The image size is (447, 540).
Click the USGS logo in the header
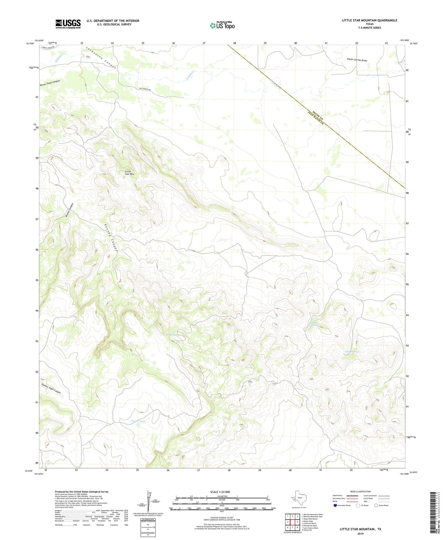(68, 24)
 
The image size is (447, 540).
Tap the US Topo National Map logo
(222, 25)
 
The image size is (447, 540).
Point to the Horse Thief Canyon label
(50, 83)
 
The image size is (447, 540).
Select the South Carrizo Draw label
(357, 60)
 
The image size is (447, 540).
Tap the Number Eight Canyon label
(51, 388)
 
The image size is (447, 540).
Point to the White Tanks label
(173, 335)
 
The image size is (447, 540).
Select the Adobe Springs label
(351, 352)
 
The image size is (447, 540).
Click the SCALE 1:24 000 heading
(220, 492)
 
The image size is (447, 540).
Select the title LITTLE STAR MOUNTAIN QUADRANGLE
(369, 20)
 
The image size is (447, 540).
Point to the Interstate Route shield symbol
(336, 505)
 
